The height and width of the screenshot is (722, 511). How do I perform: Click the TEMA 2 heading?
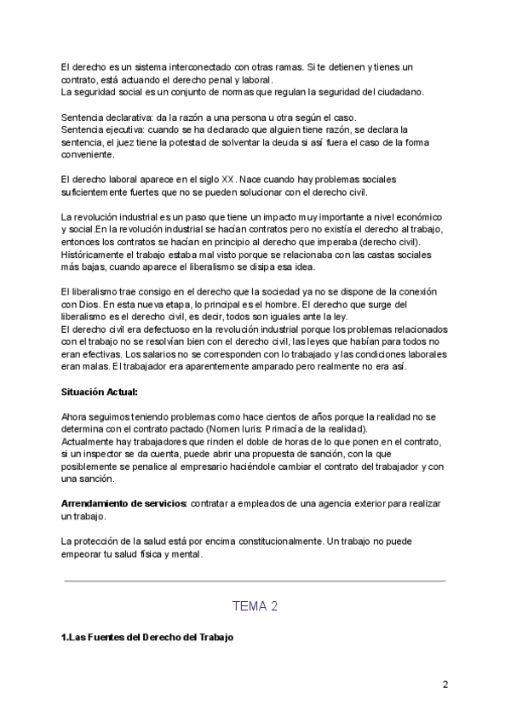(x=255, y=606)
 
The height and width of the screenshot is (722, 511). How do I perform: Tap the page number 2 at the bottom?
(x=445, y=685)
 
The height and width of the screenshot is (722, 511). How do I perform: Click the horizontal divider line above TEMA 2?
(x=255, y=581)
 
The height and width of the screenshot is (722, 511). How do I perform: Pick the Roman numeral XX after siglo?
(x=227, y=180)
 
